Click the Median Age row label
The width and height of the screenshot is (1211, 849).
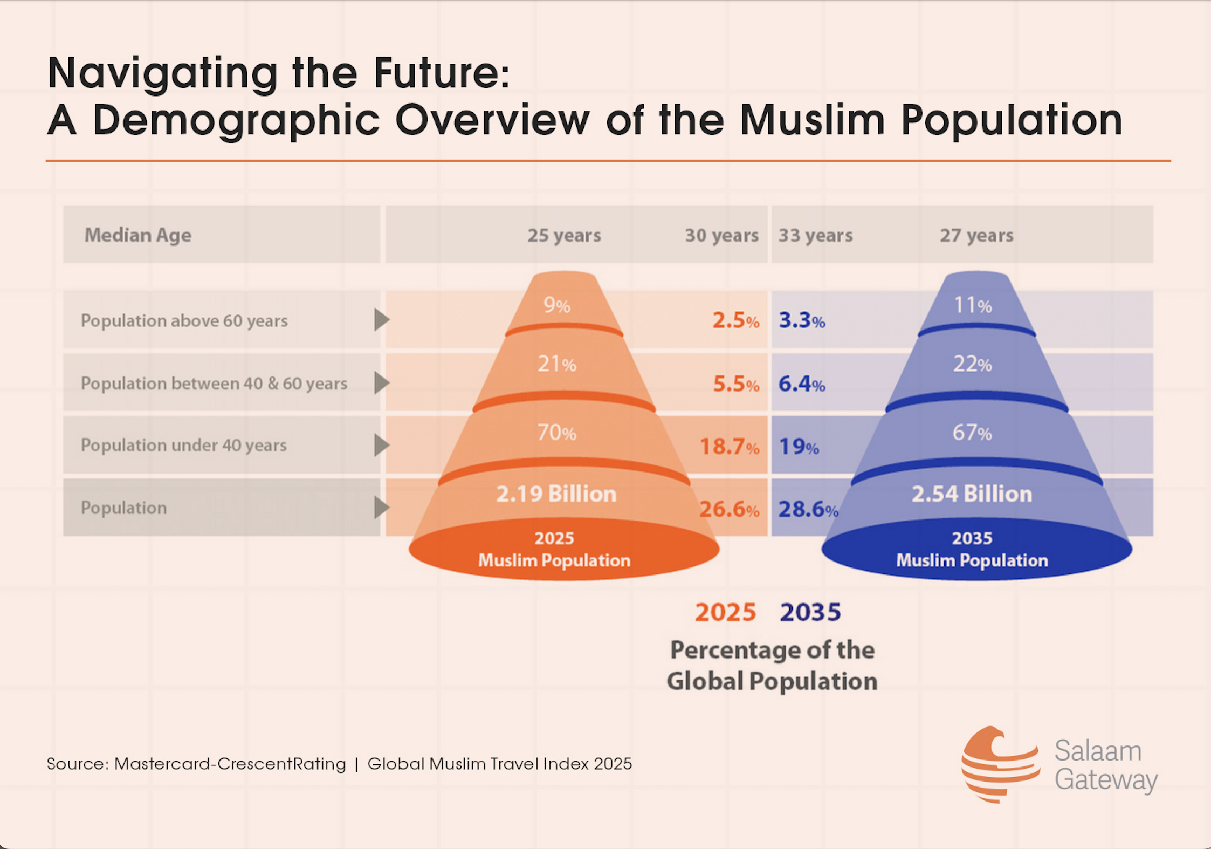(138, 235)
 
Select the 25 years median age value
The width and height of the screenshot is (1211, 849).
(564, 236)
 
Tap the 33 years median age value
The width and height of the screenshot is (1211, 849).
(815, 236)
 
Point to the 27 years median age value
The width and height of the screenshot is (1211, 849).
(976, 236)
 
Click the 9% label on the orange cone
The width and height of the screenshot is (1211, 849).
(556, 306)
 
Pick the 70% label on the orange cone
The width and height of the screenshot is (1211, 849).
(556, 433)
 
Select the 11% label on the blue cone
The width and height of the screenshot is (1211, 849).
(972, 306)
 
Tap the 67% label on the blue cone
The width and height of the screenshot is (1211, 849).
(972, 433)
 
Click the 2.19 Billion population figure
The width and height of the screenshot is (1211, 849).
(556, 494)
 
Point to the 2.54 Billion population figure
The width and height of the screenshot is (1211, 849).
(972, 494)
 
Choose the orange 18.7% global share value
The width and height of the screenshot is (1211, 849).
(729, 447)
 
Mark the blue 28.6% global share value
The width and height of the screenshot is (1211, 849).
(808, 509)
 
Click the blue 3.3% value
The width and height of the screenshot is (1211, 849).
(802, 320)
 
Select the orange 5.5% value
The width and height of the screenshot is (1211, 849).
(736, 384)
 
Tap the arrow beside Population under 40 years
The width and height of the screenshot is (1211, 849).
(381, 445)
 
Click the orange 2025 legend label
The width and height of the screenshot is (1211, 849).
(725, 612)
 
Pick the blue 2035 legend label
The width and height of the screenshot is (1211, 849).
(810, 612)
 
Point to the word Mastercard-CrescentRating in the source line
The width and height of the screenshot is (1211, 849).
(230, 764)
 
